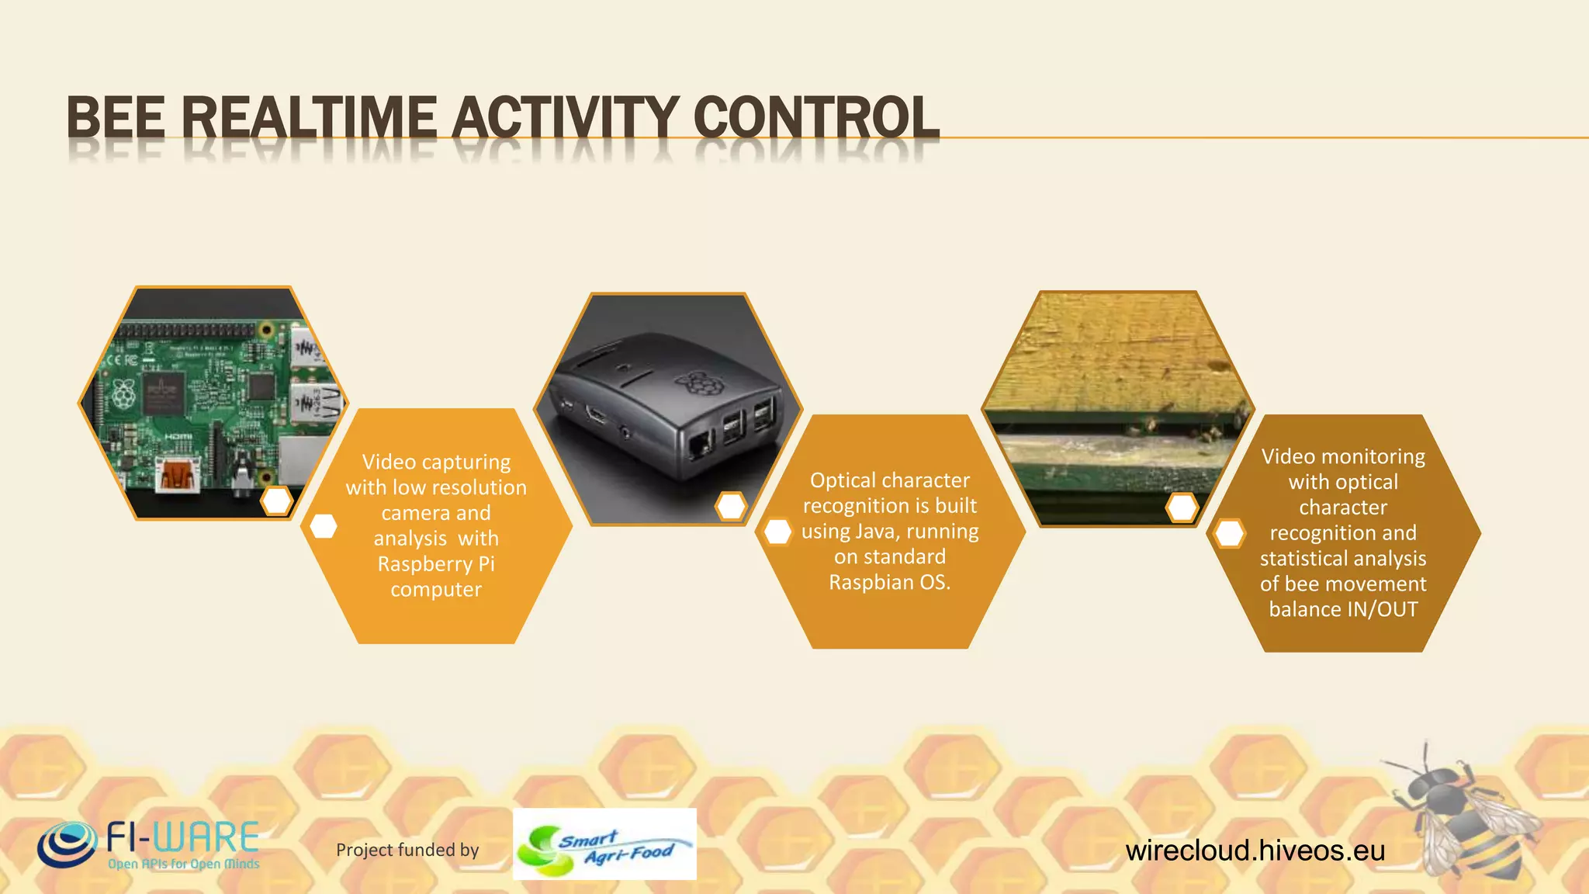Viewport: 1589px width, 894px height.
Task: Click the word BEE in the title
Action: pos(115,118)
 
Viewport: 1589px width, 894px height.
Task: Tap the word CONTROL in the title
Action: pos(815,118)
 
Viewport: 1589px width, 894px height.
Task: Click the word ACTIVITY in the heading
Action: pos(566,118)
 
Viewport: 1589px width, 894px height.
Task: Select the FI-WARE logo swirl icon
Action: pos(67,844)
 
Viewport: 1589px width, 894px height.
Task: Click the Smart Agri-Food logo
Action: pos(604,844)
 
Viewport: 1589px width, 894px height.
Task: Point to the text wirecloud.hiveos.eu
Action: pos(1255,851)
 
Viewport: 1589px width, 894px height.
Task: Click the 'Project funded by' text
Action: pos(407,850)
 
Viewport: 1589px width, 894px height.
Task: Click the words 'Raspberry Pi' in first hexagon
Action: pos(435,564)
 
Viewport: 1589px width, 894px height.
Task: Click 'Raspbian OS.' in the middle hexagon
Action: pos(889,582)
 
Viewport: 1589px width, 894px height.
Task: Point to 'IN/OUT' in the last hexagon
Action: pos(1382,609)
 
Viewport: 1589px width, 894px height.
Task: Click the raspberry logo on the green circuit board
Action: pos(124,395)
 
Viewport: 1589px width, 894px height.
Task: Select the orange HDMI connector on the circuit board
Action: pos(178,474)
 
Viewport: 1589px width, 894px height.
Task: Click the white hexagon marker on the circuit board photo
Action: pos(276,501)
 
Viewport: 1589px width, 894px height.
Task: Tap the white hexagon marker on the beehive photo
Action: pos(1182,508)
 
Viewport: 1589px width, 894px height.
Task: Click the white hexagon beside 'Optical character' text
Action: pos(777,532)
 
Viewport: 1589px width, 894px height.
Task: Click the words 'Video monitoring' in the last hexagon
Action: pos(1343,456)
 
